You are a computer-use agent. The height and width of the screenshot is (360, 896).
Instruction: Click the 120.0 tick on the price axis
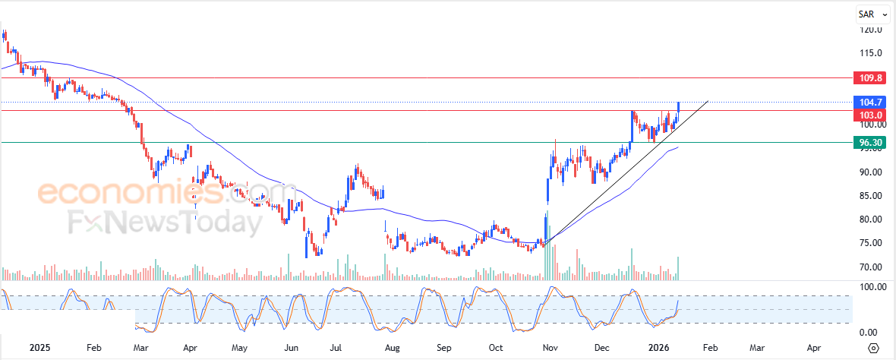pyautogui.click(x=870, y=30)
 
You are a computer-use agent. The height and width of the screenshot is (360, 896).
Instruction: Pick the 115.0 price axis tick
pyautogui.click(x=870, y=53)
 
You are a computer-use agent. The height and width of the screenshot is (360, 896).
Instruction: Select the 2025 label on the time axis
pyautogui.click(x=39, y=347)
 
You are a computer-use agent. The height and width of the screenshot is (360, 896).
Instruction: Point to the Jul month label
pyautogui.click(x=336, y=347)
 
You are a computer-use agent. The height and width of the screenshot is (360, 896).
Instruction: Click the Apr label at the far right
pyautogui.click(x=813, y=347)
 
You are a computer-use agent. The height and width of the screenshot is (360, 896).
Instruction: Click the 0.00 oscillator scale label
pyautogui.click(x=870, y=332)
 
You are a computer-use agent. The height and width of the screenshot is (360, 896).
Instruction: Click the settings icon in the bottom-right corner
pyautogui.click(x=873, y=348)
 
